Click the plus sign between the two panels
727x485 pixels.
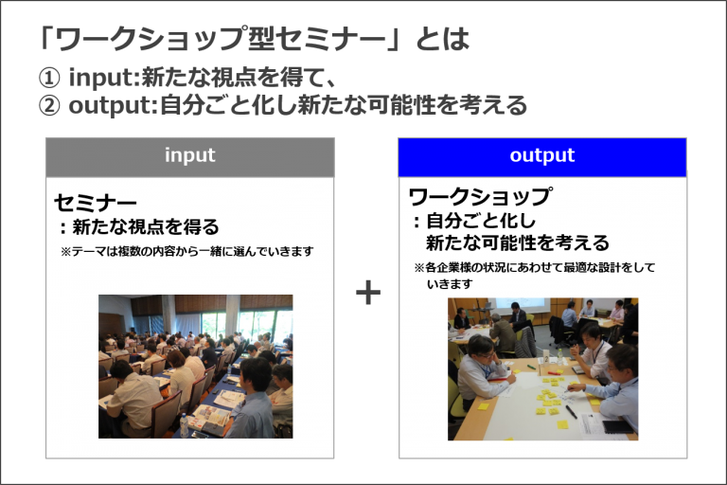point(368,293)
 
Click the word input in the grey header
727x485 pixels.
point(190,155)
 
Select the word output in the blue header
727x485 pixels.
point(542,155)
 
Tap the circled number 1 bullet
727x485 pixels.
point(49,78)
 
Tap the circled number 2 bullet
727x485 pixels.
point(49,106)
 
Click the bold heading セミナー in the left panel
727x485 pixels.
point(96,203)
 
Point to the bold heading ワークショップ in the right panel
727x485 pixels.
point(480,197)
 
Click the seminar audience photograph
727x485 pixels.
point(195,367)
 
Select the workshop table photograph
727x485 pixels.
point(542,369)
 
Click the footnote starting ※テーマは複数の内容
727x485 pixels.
point(187,252)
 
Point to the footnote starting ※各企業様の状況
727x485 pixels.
point(534,276)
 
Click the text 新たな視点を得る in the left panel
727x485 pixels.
point(146,227)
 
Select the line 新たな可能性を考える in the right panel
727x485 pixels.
point(518,242)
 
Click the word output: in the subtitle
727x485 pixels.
point(114,106)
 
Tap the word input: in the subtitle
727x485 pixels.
point(104,78)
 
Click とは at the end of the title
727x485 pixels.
point(443,39)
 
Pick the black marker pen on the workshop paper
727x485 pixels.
point(571,412)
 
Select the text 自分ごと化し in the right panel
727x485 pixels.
point(480,221)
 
